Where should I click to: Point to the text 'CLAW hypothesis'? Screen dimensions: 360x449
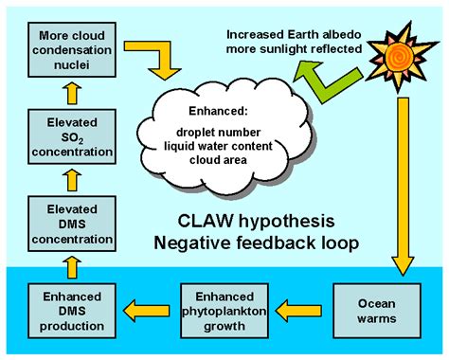pos(257,221)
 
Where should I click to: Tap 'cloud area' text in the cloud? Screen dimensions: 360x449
pos(219,160)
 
